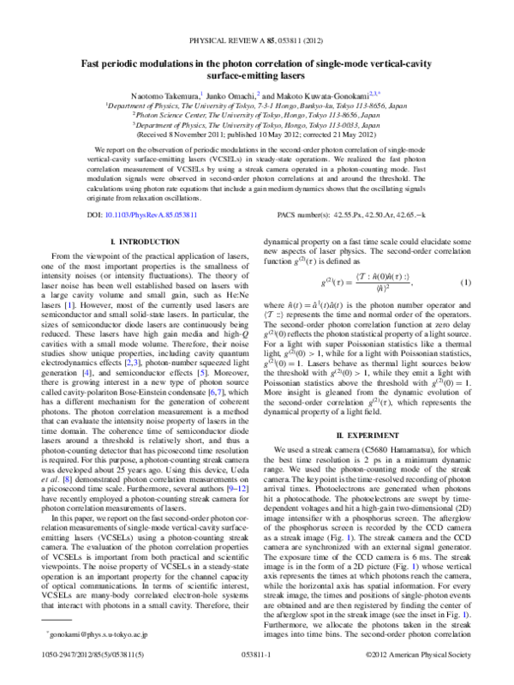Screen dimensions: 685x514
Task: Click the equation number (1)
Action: point(464,282)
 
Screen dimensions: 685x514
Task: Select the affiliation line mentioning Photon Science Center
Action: point(257,114)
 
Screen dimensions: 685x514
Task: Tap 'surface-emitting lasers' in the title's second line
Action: point(256,75)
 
